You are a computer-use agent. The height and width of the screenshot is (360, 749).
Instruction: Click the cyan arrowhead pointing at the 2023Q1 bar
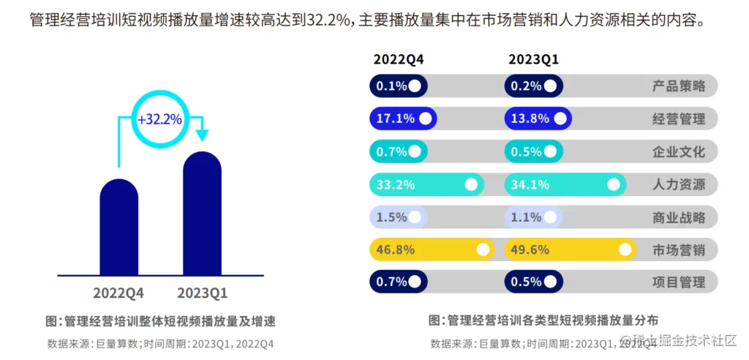click(202, 136)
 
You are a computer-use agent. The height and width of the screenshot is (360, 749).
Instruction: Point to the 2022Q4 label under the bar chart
click(118, 293)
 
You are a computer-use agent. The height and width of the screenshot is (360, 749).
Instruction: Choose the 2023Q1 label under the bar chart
click(203, 293)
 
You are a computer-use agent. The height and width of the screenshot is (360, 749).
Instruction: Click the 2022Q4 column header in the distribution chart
click(399, 59)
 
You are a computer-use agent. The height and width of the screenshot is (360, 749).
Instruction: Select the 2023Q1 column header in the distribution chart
click(533, 59)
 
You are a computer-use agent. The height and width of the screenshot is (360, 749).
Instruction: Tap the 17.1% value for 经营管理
click(395, 119)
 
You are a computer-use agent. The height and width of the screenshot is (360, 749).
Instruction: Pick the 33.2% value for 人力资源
click(395, 184)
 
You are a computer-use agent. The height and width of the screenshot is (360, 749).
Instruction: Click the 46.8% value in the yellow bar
click(395, 250)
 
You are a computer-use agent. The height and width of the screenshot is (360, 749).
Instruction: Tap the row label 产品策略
click(679, 86)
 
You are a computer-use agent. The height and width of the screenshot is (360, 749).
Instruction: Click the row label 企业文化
click(679, 152)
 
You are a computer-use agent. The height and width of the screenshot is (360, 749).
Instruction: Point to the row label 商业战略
click(679, 217)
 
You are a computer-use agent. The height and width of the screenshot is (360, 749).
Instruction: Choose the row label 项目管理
click(679, 282)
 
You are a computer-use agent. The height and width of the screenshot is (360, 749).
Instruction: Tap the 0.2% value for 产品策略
click(526, 86)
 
